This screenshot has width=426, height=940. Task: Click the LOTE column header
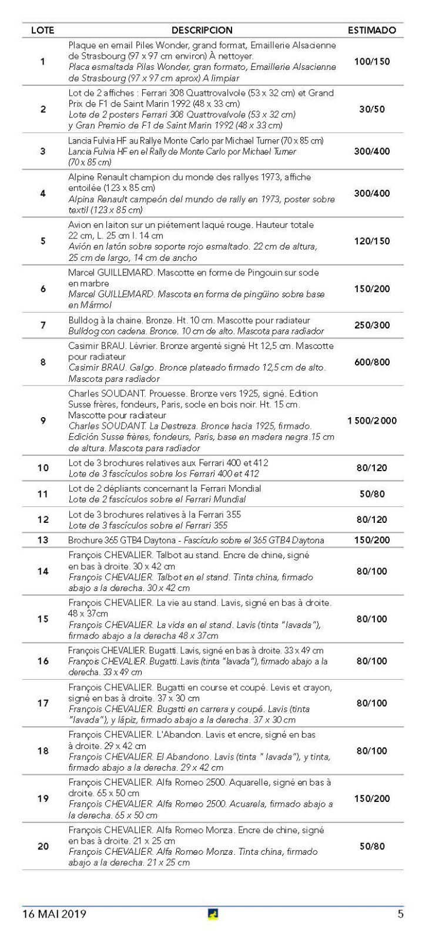[42, 30]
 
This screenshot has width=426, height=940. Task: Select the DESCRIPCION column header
[202, 30]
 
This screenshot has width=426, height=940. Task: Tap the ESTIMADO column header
[371, 30]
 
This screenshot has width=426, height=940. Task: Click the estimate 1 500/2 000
[371, 421]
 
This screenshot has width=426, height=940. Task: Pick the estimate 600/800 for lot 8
[371, 362]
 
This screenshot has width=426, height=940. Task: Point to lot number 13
[42, 540]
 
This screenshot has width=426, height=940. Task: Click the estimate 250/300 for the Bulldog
[371, 325]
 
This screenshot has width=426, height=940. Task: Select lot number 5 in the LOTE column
[42, 241]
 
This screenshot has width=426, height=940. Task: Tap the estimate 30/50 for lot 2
[371, 109]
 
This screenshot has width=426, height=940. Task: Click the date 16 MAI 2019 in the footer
[54, 914]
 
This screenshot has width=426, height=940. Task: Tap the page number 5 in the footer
[400, 914]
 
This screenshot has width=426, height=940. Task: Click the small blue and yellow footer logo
[213, 914]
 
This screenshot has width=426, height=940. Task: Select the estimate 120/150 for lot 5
[371, 241]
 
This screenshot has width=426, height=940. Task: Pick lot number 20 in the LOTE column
[43, 847]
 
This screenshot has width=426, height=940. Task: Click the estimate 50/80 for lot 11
[371, 494]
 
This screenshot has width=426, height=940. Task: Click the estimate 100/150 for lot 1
[371, 62]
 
